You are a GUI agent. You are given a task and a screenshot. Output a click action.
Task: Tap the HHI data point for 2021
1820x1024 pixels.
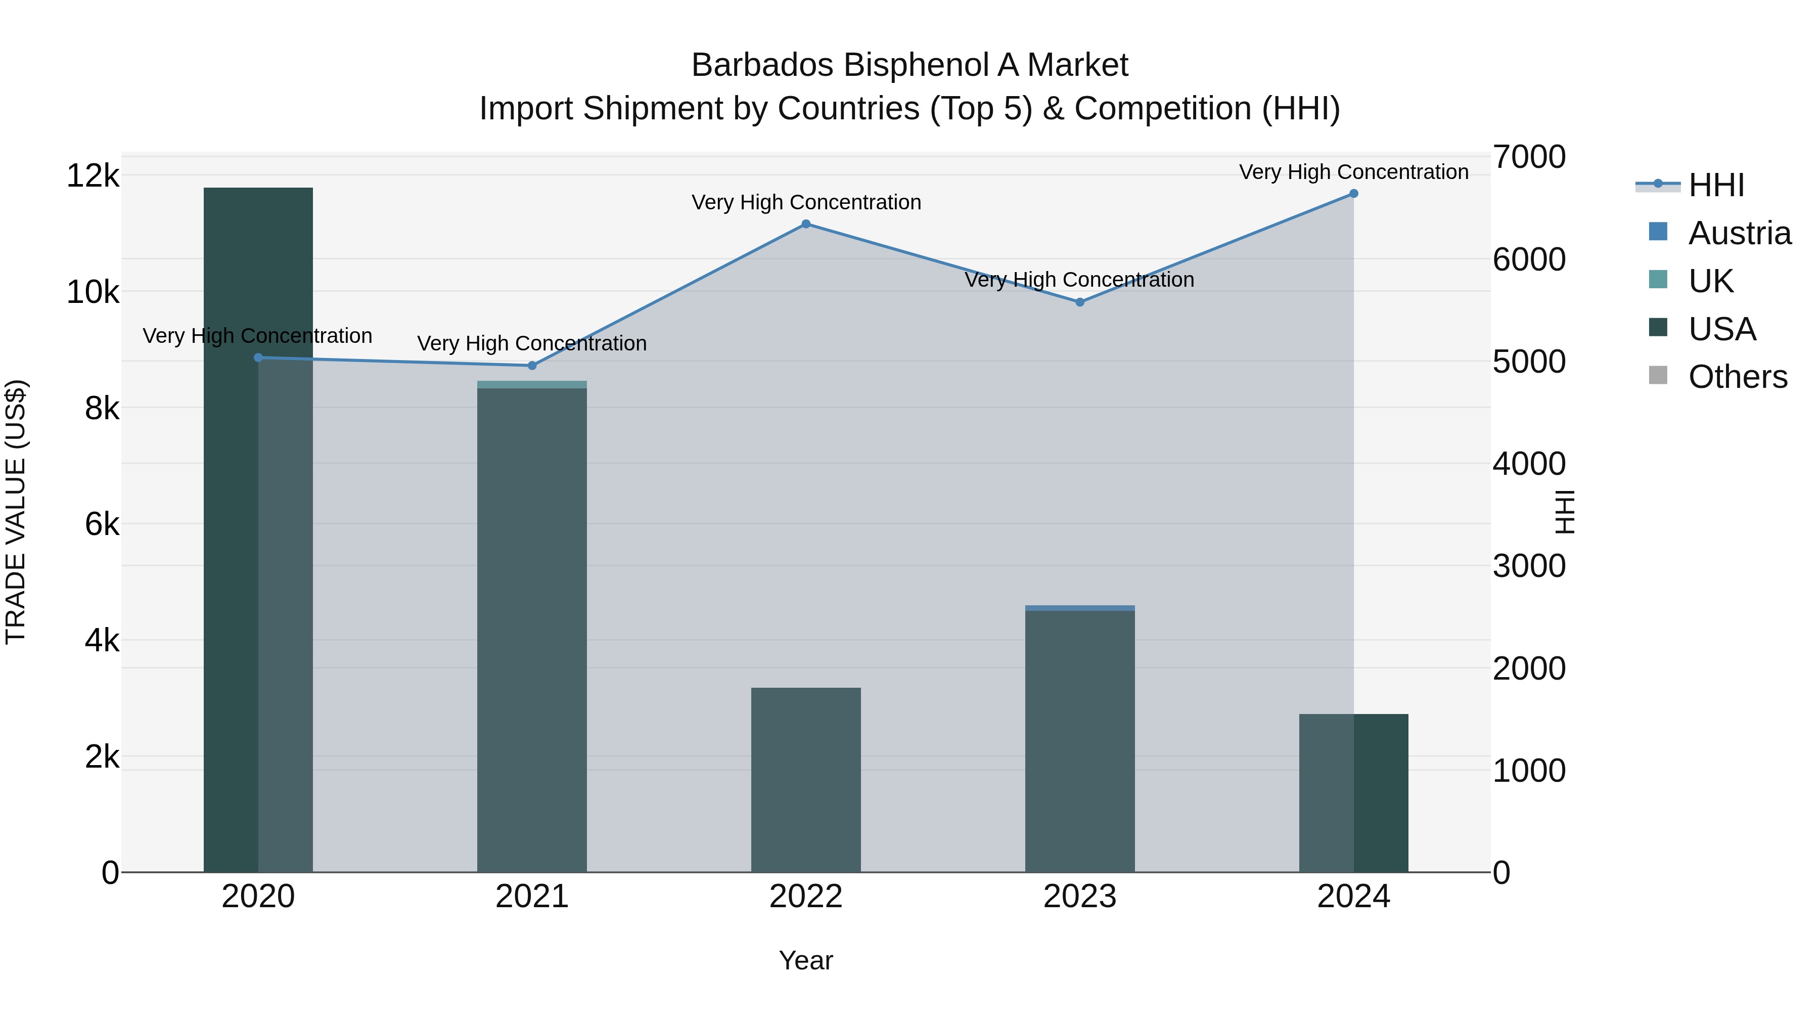pyautogui.click(x=532, y=366)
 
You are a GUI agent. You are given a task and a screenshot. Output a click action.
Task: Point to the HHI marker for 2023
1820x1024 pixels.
pyautogui.click(x=1079, y=302)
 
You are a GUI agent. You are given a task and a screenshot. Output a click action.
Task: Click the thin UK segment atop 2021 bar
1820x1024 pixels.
pyautogui.click(x=532, y=384)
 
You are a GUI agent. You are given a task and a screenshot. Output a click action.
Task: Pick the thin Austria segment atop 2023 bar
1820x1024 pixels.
pyautogui.click(x=1079, y=608)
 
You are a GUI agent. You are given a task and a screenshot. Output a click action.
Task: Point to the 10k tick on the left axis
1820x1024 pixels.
pyautogui.click(x=93, y=292)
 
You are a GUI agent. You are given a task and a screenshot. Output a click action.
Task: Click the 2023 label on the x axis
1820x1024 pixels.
pyautogui.click(x=1079, y=897)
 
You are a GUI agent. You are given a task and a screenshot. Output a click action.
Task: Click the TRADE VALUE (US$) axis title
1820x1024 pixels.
pyautogui.click(x=16, y=512)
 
